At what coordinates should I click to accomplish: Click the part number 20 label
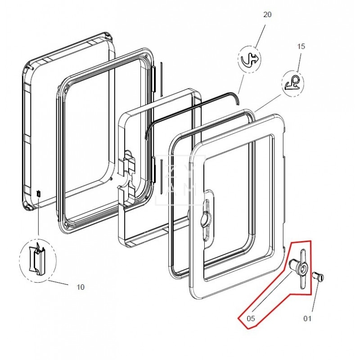(267, 14)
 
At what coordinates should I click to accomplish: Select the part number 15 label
(301, 46)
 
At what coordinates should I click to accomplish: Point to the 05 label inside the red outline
(251, 319)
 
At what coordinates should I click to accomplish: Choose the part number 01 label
(307, 319)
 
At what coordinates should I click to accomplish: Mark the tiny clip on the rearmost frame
(39, 193)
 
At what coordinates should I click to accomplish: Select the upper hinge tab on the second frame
(154, 72)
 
